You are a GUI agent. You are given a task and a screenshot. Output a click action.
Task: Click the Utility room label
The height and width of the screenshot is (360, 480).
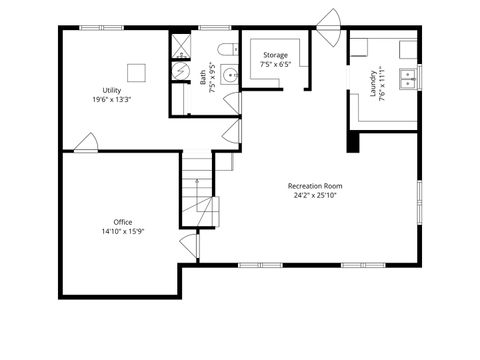pos(112,90)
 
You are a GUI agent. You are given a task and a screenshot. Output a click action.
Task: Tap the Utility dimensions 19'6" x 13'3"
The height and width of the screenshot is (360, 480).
pos(112,100)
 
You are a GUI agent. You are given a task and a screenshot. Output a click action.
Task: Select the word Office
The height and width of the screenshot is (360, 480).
pos(122,221)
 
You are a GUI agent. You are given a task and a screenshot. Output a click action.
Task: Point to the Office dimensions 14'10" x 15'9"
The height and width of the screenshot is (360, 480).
pos(122,231)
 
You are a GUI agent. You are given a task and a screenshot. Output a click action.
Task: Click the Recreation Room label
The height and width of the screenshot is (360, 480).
pos(315,186)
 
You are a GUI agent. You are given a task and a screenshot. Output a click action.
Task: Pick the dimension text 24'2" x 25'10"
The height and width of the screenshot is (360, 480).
pos(315,196)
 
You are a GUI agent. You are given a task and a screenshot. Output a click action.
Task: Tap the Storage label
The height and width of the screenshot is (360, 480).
pos(275,55)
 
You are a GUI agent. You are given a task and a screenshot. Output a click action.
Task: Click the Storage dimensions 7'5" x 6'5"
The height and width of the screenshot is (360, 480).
pos(275,65)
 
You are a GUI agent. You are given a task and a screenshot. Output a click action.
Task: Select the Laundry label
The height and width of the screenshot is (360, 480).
pos(372,84)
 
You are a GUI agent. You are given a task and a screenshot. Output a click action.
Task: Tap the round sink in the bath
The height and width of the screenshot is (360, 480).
pos(230,73)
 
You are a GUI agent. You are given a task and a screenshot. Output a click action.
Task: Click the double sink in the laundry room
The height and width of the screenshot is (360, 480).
pos(406,78)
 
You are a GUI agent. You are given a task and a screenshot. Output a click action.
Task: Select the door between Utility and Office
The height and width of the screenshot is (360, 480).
pos(86,143)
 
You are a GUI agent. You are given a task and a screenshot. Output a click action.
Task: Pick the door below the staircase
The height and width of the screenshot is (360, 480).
pos(188,245)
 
